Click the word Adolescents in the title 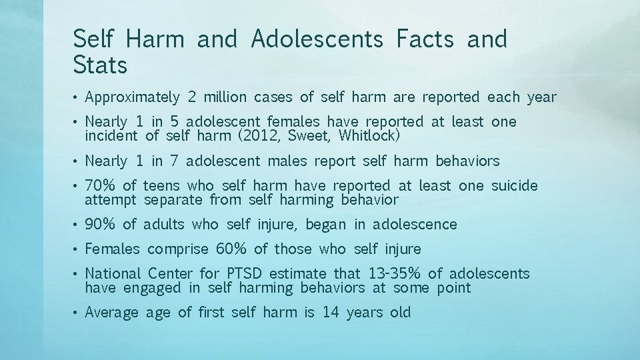317,40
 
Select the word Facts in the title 425,40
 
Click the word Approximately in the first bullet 133,97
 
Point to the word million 225,97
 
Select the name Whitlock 369,136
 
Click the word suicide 514,186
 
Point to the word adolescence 415,225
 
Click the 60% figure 231,249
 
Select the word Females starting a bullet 113,249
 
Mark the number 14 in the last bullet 331,312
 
